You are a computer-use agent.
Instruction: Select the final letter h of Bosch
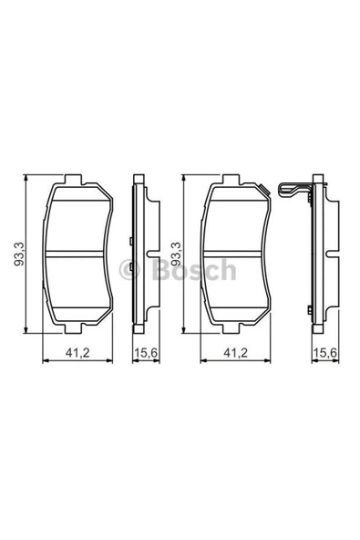228,271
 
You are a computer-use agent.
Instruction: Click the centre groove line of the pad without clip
77,253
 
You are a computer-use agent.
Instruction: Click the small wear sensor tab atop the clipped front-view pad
263,190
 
